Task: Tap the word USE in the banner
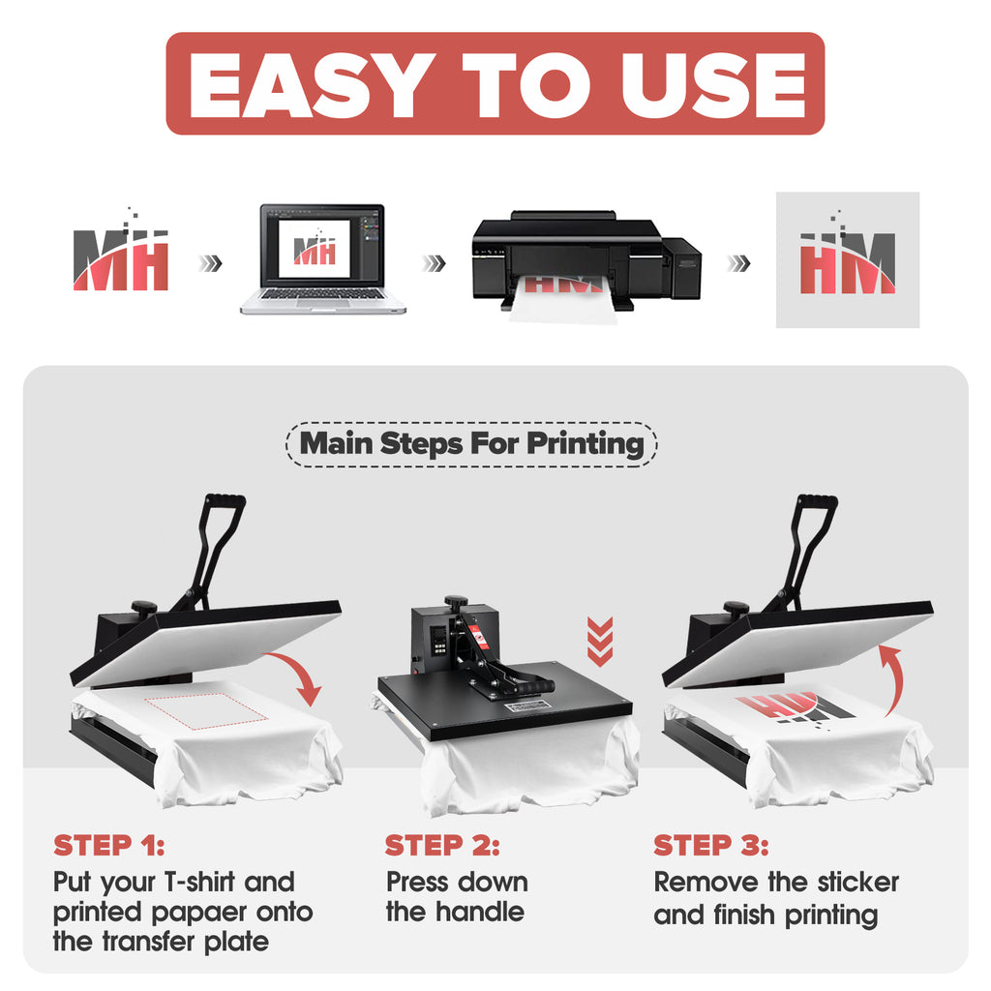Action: (x=713, y=85)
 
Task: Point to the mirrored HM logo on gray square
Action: (x=848, y=259)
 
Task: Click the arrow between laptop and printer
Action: (x=435, y=263)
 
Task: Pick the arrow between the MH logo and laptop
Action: (x=210, y=263)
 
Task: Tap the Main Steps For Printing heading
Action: (x=471, y=443)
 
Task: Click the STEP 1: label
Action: (x=109, y=845)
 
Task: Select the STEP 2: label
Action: (x=442, y=845)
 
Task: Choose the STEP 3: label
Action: (x=711, y=845)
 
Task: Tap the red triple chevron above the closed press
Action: (x=600, y=642)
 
